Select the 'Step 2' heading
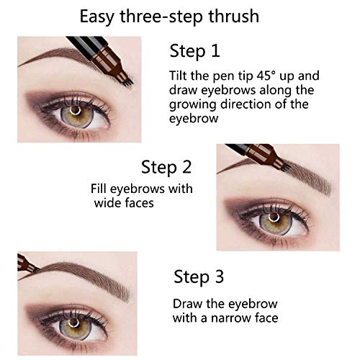click(167, 168)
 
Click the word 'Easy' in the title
click(97, 15)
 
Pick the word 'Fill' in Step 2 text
click(100, 189)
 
